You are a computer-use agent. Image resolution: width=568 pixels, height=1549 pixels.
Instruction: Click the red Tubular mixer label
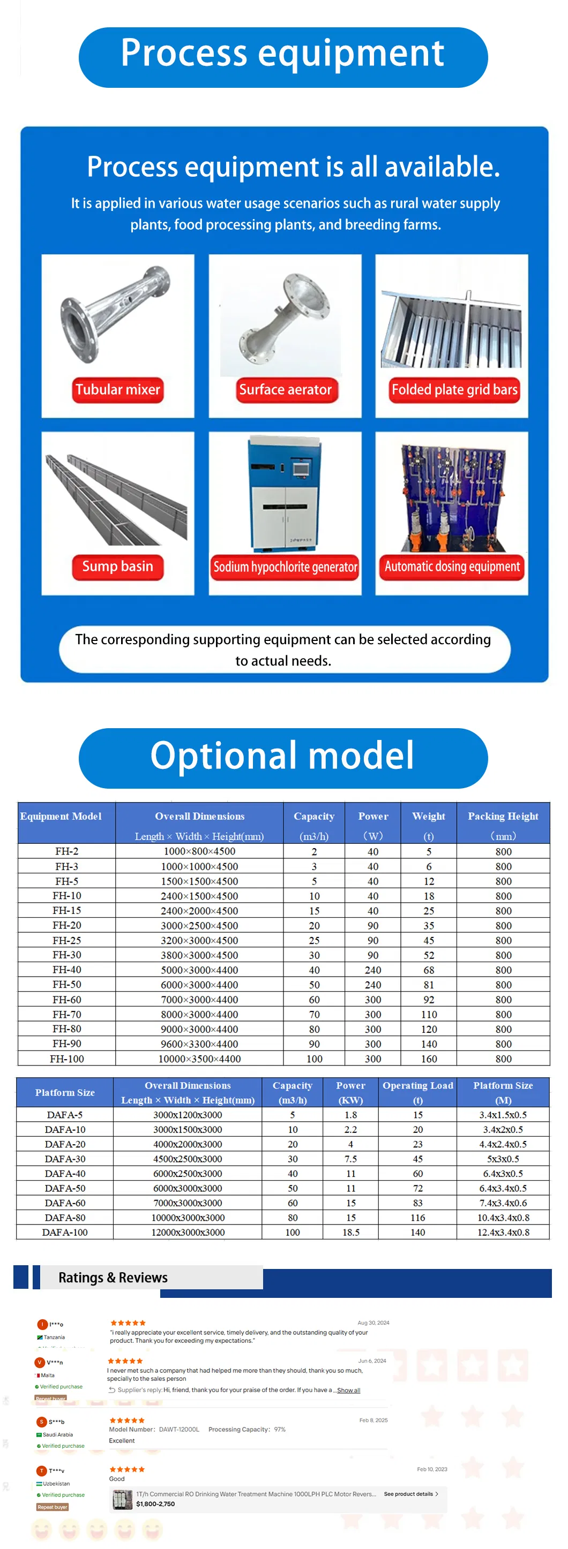118,390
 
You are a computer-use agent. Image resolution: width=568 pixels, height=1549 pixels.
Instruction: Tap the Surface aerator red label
285,390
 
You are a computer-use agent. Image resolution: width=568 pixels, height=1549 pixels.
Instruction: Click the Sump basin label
118,566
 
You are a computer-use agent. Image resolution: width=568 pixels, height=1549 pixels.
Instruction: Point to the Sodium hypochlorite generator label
285,567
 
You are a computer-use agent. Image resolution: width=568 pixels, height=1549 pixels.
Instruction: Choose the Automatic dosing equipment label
452,567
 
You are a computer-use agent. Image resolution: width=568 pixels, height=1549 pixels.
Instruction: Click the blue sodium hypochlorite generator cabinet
285,493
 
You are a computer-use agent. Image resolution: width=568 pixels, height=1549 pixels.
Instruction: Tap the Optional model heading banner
283,757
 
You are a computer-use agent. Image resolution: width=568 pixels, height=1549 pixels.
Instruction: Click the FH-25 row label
67,940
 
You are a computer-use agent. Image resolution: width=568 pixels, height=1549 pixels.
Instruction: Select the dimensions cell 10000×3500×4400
199,1059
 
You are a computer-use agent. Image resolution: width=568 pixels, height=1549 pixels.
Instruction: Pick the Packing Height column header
503,824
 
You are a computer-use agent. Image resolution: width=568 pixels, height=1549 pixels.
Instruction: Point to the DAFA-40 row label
65,1173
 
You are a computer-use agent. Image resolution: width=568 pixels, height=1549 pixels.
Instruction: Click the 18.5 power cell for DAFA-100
351,1232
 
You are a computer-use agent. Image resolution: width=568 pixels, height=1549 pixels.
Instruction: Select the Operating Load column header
417,1092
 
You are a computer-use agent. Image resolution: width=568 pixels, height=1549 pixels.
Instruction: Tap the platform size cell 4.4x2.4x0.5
503,1144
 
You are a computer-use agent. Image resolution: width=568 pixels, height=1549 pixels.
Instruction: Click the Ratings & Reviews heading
113,1277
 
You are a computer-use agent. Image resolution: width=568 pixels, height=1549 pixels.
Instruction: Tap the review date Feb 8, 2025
373,1420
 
